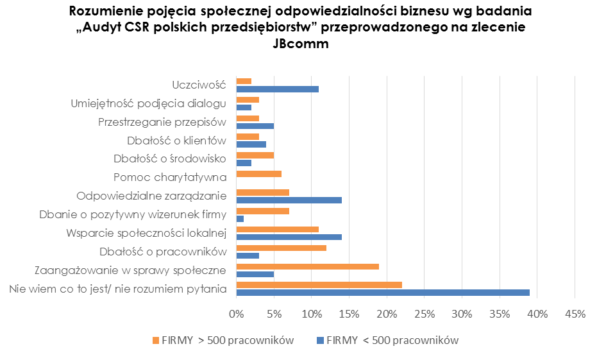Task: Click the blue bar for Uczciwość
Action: tap(277, 89)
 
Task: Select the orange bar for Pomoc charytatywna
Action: tap(259, 173)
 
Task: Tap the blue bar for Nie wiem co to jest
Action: tap(383, 293)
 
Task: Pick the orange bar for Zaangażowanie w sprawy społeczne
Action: tap(308, 266)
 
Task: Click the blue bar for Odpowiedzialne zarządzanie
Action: tap(289, 200)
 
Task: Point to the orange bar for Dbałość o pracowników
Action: tap(282, 248)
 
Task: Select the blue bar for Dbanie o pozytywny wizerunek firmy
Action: tap(240, 219)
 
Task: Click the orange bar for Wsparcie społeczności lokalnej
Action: tap(278, 229)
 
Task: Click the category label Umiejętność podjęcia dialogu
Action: tap(148, 103)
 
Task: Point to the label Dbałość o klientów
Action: tap(177, 141)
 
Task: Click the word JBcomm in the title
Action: tap(301, 44)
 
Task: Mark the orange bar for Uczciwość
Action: tap(244, 81)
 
